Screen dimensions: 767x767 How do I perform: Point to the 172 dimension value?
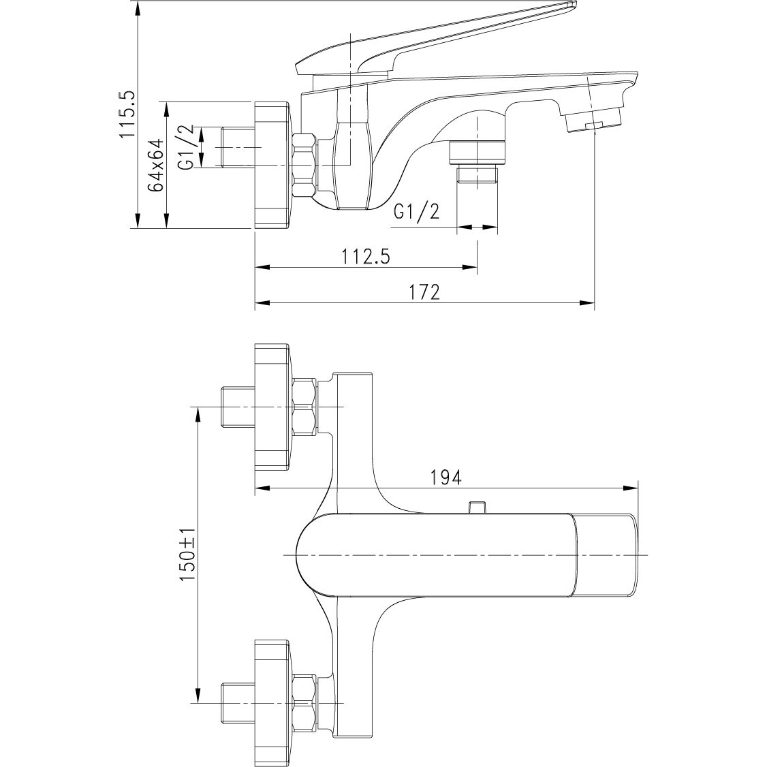426,292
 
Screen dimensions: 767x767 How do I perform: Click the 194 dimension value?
447,477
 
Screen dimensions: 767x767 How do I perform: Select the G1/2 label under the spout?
416,212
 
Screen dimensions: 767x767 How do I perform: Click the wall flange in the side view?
272,166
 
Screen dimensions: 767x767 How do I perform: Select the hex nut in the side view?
304,166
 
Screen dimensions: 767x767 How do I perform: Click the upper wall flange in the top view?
272,407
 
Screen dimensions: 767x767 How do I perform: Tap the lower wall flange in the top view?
272,702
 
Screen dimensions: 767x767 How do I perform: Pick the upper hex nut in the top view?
304,407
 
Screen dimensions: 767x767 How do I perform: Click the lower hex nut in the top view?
304,702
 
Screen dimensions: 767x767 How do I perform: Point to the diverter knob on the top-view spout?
478,507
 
